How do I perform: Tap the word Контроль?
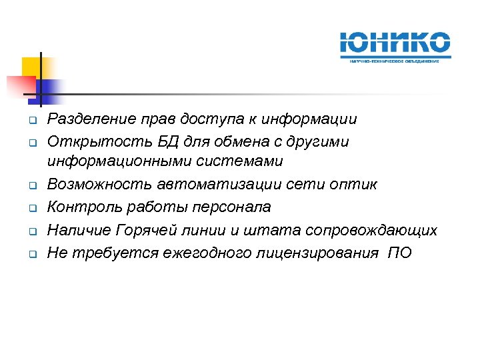(77, 207)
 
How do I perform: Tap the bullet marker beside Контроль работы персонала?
(31, 208)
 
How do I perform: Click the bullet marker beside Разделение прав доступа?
(31, 121)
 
